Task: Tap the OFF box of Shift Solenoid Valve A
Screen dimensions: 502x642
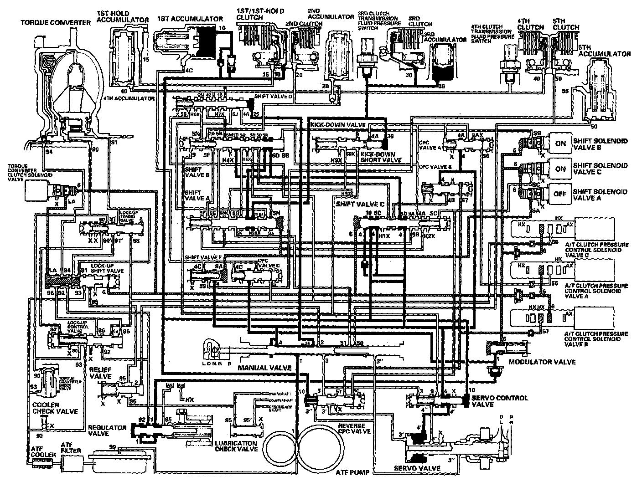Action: pos(560,194)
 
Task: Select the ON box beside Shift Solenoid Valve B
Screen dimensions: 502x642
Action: pos(560,143)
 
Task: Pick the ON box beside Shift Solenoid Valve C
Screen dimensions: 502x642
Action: pos(560,169)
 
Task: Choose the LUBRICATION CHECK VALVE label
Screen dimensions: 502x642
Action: pos(236,446)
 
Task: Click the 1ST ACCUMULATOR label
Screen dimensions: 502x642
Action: pos(190,19)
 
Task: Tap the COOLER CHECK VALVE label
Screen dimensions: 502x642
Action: pos(55,408)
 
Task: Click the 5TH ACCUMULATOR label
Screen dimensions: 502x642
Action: pos(604,50)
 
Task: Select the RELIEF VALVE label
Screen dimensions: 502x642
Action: pos(100,373)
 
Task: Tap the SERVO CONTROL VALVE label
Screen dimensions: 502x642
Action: pos(499,401)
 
